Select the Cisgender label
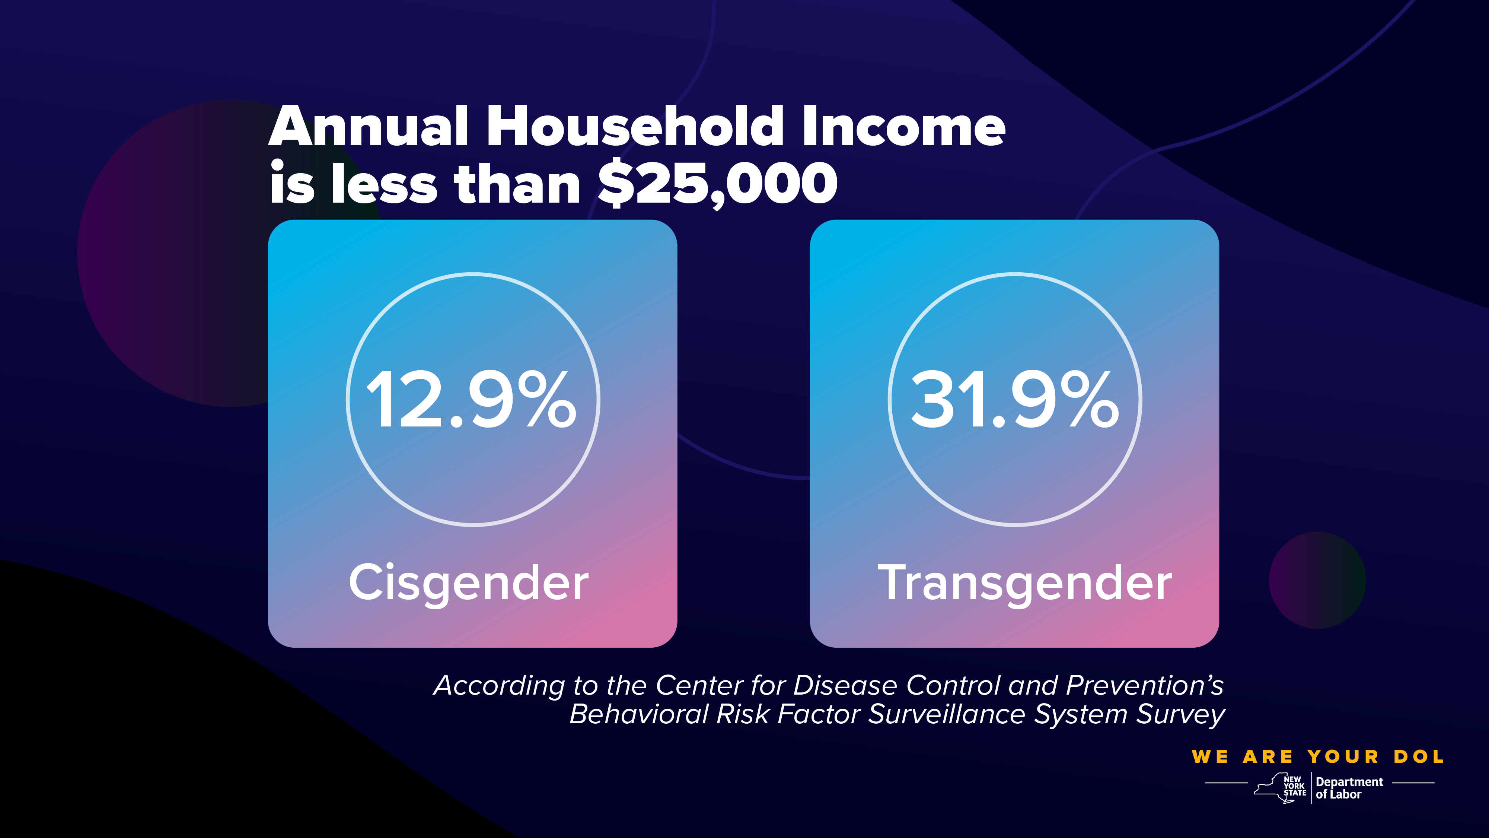[x=469, y=583]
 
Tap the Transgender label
[x=1025, y=583]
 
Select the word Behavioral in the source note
[x=639, y=715]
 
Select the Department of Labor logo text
[x=1349, y=788]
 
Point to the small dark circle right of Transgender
[x=1317, y=580]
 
